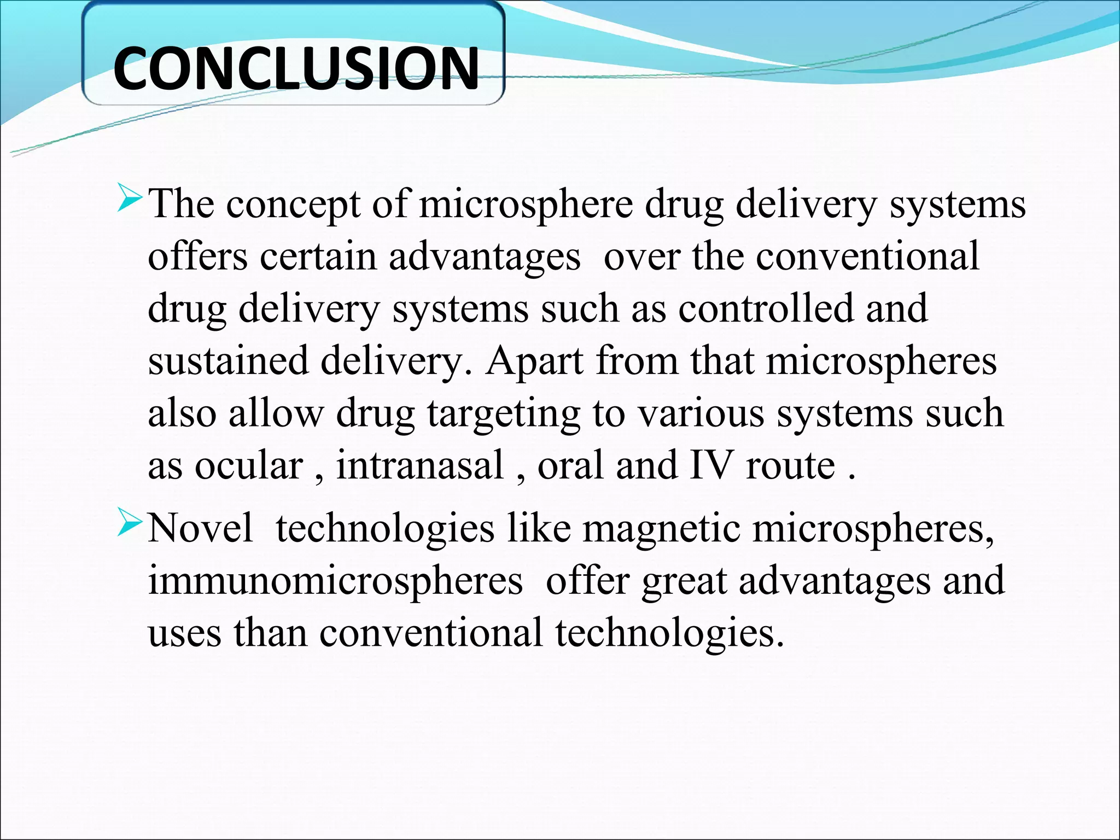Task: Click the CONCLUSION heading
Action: (296, 68)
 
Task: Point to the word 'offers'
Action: (197, 256)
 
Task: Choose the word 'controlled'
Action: (765, 308)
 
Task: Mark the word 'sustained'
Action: (227, 361)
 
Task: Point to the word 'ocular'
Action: (249, 466)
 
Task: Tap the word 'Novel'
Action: (200, 528)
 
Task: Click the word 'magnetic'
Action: (660, 528)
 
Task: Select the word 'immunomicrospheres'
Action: (335, 581)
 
